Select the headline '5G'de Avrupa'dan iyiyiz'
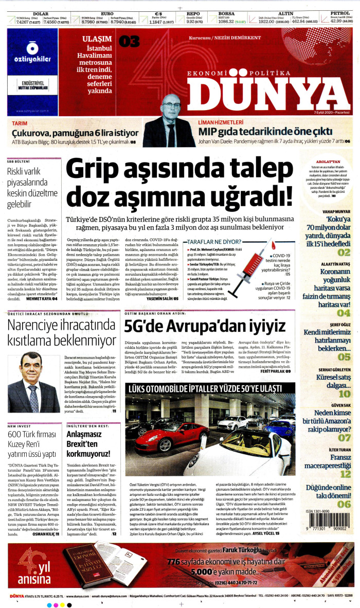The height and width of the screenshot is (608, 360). [205, 326]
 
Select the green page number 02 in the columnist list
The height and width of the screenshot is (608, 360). [344, 253]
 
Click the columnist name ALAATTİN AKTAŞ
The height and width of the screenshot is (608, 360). [336, 264]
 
